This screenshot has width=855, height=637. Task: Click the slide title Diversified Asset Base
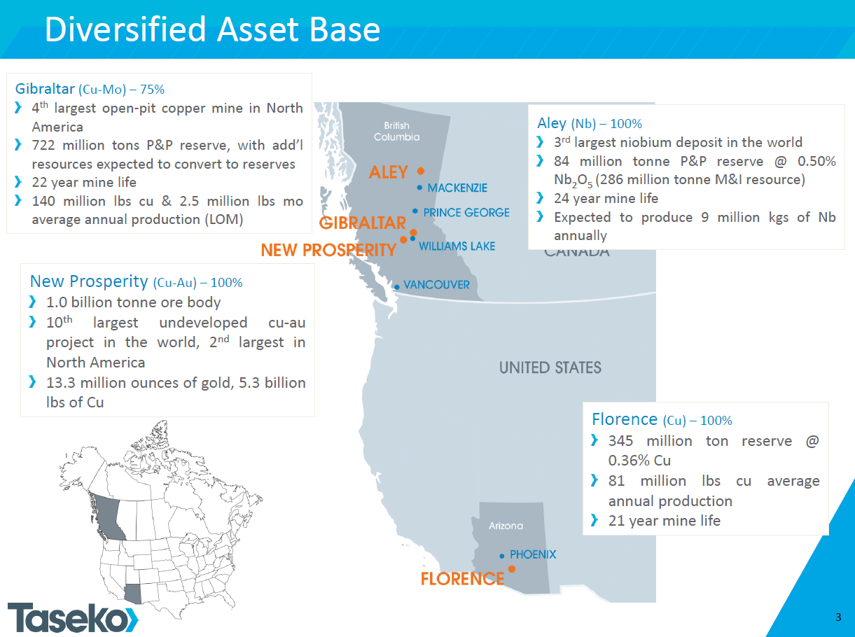tap(212, 29)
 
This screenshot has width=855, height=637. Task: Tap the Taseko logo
tap(73, 617)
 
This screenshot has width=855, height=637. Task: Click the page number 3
tap(838, 617)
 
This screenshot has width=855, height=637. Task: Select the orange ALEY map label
tap(389, 172)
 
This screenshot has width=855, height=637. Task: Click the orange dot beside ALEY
tap(421, 170)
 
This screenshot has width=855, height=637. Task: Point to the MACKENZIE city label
tap(457, 188)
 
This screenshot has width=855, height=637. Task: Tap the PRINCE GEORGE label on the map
tap(466, 212)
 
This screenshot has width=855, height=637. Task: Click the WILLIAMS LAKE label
tap(457, 246)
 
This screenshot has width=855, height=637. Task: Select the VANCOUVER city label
tap(436, 285)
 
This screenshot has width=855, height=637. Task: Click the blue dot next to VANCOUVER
tap(396, 287)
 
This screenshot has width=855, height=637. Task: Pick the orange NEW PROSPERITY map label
tap(328, 250)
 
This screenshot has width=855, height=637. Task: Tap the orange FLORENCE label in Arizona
tap(462, 579)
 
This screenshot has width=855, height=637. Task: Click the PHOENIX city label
tap(533, 554)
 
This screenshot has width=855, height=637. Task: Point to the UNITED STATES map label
tap(550, 367)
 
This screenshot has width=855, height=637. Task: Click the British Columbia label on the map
tap(396, 132)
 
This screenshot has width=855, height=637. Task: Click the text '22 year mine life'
tap(84, 182)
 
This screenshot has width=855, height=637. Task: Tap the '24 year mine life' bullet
tap(606, 198)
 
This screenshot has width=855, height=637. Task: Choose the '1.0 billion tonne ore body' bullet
tap(133, 302)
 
